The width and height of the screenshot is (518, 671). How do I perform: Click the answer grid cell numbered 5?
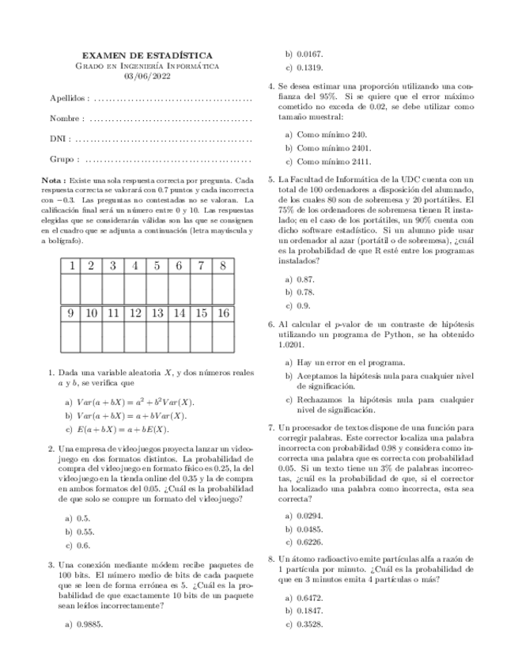click(x=157, y=266)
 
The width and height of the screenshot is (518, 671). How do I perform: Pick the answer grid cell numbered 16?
click(x=224, y=313)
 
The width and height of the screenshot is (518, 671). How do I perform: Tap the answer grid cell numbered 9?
click(x=71, y=313)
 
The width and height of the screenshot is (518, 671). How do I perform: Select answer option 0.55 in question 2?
click(x=81, y=533)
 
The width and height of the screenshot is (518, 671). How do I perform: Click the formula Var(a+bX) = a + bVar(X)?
click(x=130, y=415)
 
